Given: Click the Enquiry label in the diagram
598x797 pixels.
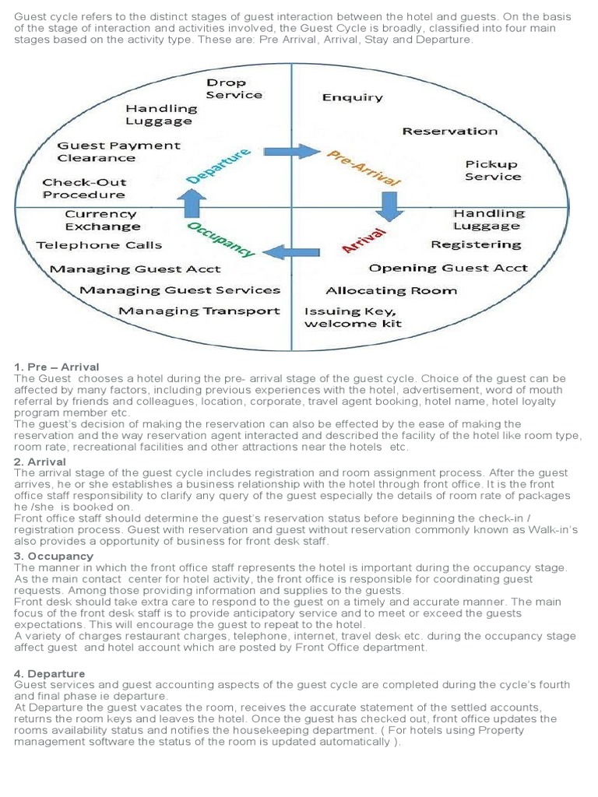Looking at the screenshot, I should pos(352,97).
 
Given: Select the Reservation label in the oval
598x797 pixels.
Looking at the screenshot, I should pos(449,131).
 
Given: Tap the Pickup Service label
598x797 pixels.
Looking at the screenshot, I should pos(491,170).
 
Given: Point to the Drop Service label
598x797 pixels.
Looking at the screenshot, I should pos(234,89).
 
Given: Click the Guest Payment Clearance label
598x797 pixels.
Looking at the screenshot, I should pos(118,152).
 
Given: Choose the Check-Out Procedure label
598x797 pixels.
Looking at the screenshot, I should pos(83,188).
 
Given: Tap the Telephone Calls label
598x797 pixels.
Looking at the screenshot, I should pos(99,245).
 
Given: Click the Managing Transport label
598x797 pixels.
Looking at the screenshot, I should pos(199,311).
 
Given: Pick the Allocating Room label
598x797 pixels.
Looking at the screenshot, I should pos(391,290).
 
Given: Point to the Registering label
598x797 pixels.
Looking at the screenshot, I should pos(476,244).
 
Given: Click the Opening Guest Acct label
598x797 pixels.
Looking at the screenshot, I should pos(448,268).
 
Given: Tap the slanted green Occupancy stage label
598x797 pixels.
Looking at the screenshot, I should pos(222,239).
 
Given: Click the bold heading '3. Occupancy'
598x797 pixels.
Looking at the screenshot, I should pos(55,556).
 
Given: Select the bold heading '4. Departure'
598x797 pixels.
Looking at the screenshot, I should pos(50,673).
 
